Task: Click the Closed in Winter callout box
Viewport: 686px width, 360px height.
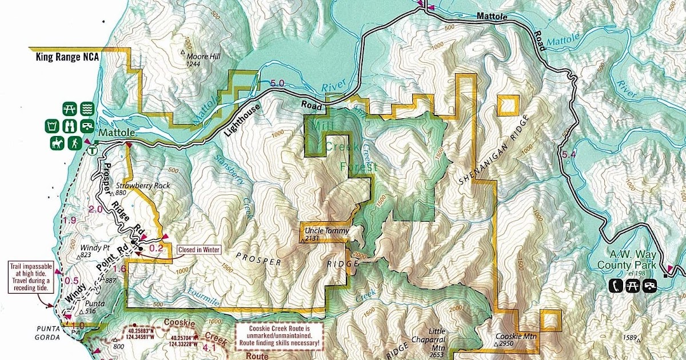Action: (200, 250)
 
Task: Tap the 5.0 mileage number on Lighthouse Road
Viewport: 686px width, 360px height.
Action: (277, 83)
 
